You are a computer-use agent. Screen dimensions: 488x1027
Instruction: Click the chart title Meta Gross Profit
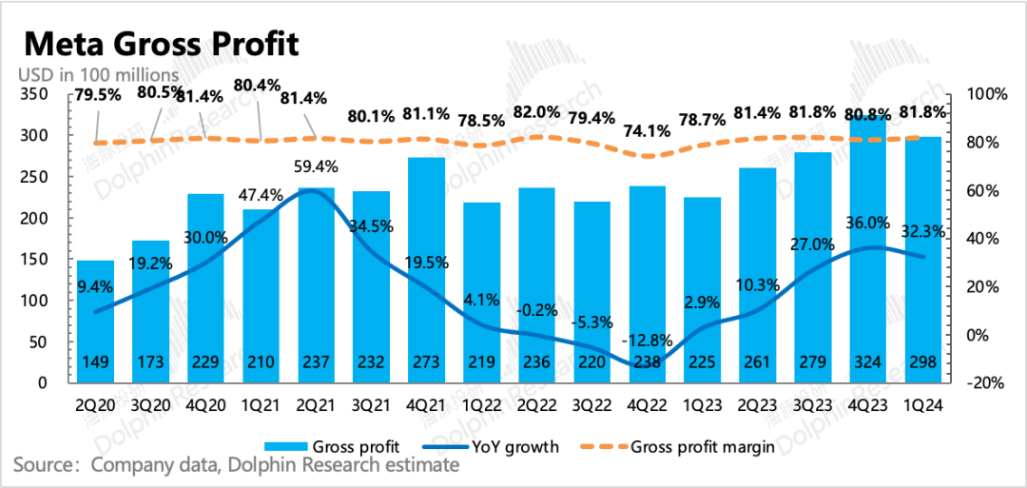(x=161, y=44)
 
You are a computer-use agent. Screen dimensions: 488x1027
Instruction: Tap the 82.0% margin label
(x=536, y=112)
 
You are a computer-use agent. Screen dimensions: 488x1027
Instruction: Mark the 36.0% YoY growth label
(x=868, y=224)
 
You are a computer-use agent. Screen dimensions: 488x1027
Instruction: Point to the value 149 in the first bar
(x=95, y=361)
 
